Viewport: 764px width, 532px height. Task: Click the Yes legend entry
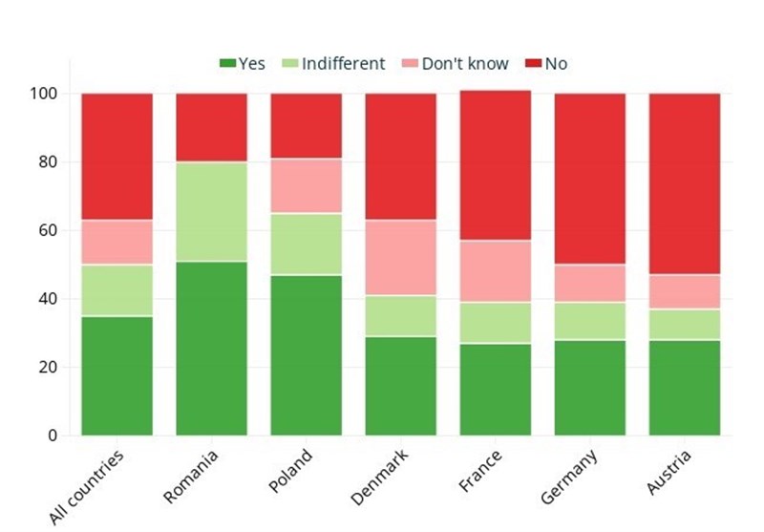coord(243,64)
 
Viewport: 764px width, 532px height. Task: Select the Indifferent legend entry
coord(333,64)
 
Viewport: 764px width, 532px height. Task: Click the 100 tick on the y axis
coord(44,94)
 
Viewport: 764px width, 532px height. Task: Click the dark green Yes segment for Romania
coord(211,349)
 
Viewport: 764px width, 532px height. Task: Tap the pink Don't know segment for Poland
coord(306,186)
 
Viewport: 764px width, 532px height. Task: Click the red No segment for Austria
coord(684,183)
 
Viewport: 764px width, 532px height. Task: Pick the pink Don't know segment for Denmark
coord(400,258)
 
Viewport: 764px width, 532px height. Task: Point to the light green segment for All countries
coord(117,290)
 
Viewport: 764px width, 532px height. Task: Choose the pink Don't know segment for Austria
coord(684,292)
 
